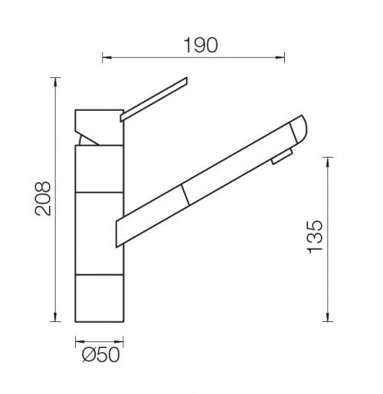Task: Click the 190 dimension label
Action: [x=201, y=45]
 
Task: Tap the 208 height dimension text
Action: [x=43, y=199]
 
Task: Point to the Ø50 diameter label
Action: [x=101, y=354]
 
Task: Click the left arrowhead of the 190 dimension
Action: [x=106, y=57]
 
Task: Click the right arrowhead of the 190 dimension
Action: [x=281, y=57]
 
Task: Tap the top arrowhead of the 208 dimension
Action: [x=55, y=81]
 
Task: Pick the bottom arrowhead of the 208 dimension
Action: [x=55, y=317]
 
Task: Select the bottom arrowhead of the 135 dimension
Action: [x=328, y=317]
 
